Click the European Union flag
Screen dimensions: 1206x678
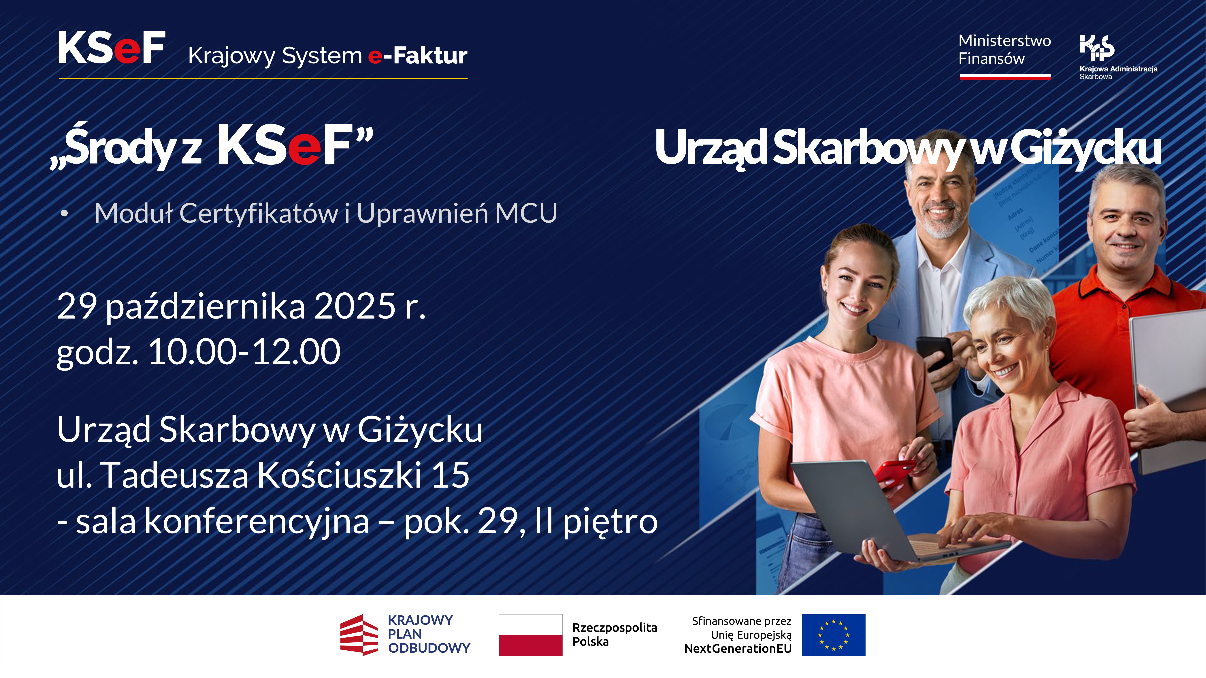coord(833,635)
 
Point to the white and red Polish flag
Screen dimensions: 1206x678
coord(530,635)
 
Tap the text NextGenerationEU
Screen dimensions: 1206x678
coord(738,649)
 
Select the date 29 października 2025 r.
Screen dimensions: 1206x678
coord(241,306)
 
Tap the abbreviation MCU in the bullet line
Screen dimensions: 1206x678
coord(526,213)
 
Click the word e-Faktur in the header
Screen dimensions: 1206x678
coord(418,56)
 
